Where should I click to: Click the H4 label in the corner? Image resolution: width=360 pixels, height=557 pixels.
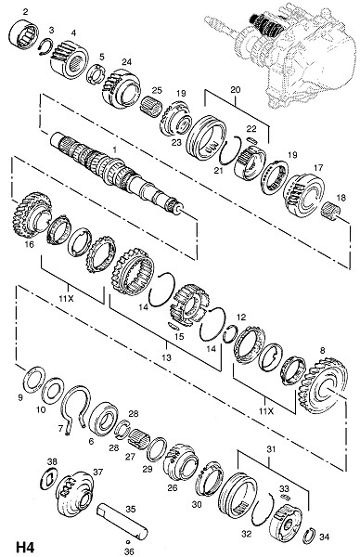click(x=26, y=546)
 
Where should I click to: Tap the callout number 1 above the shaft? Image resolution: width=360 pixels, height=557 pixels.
click(x=114, y=149)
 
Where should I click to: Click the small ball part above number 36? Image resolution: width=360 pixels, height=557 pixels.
click(x=128, y=542)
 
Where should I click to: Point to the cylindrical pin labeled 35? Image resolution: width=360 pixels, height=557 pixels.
click(x=122, y=523)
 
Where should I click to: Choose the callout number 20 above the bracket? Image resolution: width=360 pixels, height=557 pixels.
click(x=236, y=89)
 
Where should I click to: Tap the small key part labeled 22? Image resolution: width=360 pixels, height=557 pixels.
click(x=251, y=139)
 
